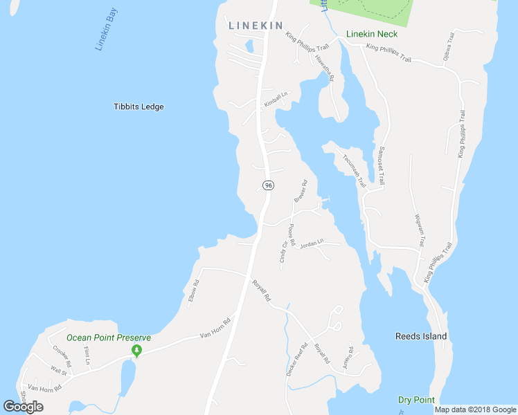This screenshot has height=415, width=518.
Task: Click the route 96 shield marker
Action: click(x=268, y=185)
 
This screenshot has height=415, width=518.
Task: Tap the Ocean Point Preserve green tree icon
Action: click(x=137, y=352)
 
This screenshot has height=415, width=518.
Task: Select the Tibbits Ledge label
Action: click(x=139, y=107)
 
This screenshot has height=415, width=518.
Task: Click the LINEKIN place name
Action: click(x=256, y=26)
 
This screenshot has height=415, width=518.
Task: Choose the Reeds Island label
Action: click(x=421, y=336)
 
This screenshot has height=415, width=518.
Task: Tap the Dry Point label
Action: click(x=416, y=400)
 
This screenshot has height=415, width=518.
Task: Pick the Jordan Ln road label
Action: click(x=312, y=244)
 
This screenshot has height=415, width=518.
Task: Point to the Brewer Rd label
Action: click(x=300, y=192)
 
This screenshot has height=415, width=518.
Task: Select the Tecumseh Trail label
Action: click(x=354, y=170)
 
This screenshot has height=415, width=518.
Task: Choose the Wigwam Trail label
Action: click(x=418, y=230)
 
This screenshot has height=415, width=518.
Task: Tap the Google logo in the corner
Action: click(x=24, y=407)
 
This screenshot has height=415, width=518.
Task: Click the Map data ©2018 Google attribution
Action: click(x=474, y=409)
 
